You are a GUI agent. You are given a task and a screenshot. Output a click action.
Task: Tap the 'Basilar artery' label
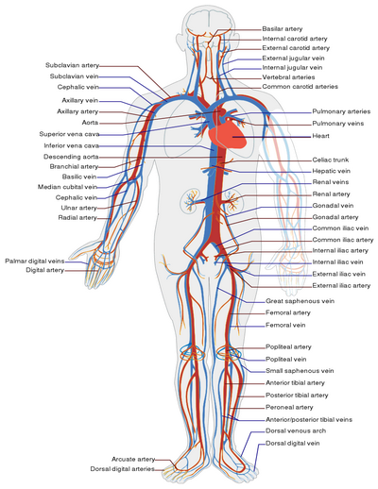(x=283, y=29)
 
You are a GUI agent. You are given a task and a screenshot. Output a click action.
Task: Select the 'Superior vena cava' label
(x=69, y=134)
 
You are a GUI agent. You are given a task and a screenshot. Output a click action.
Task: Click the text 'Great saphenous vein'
(x=300, y=301)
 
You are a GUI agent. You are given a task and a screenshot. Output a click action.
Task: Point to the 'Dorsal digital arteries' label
(x=123, y=469)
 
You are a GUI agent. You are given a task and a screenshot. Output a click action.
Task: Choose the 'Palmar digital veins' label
(x=35, y=261)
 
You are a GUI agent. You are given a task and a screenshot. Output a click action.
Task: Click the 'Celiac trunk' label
(x=331, y=160)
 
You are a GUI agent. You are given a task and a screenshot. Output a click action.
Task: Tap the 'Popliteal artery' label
(x=288, y=347)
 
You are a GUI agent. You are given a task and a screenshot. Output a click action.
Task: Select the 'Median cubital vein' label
(x=67, y=187)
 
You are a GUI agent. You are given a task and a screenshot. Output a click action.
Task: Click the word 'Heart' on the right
(x=320, y=136)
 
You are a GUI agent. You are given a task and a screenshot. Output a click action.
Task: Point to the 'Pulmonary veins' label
(x=338, y=124)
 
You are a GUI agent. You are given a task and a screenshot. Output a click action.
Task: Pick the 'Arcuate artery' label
(x=133, y=460)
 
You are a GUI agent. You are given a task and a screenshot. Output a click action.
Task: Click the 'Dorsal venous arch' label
(x=296, y=430)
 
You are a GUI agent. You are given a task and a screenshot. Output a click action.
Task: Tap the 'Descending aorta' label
(x=71, y=157)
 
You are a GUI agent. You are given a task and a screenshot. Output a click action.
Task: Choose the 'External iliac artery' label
(x=341, y=286)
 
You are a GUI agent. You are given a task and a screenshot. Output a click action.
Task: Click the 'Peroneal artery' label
(x=289, y=407)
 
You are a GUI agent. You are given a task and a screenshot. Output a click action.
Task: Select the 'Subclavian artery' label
(x=73, y=65)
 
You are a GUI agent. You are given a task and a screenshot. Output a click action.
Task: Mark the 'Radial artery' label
(x=77, y=217)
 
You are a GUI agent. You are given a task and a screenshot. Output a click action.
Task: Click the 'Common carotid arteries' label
(x=300, y=87)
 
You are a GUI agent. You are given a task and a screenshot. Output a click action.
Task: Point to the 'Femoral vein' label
(x=285, y=325)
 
